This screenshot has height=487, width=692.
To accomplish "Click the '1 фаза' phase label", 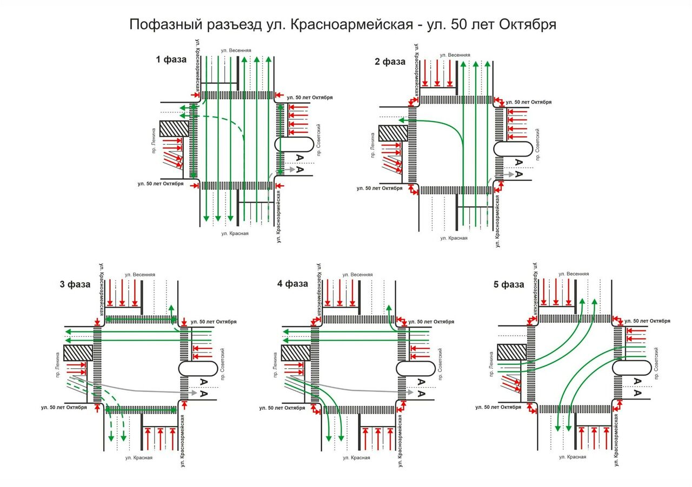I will point(171,60).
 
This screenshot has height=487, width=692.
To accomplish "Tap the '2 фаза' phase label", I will point(390,62).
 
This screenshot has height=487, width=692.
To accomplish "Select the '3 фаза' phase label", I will point(75,285).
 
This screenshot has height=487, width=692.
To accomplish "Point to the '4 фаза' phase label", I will point(292,283).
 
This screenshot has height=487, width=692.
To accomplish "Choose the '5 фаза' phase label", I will point(508,285).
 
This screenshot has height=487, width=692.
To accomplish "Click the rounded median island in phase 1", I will point(295,144).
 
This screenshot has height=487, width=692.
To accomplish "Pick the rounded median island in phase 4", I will point(415,369).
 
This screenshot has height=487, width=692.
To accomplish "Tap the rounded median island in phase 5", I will point(632,369).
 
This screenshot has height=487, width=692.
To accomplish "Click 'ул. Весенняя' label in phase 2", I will point(455,55).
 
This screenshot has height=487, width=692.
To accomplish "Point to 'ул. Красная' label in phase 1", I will point(235,233).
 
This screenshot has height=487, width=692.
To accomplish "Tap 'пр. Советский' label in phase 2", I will point(537,144).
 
